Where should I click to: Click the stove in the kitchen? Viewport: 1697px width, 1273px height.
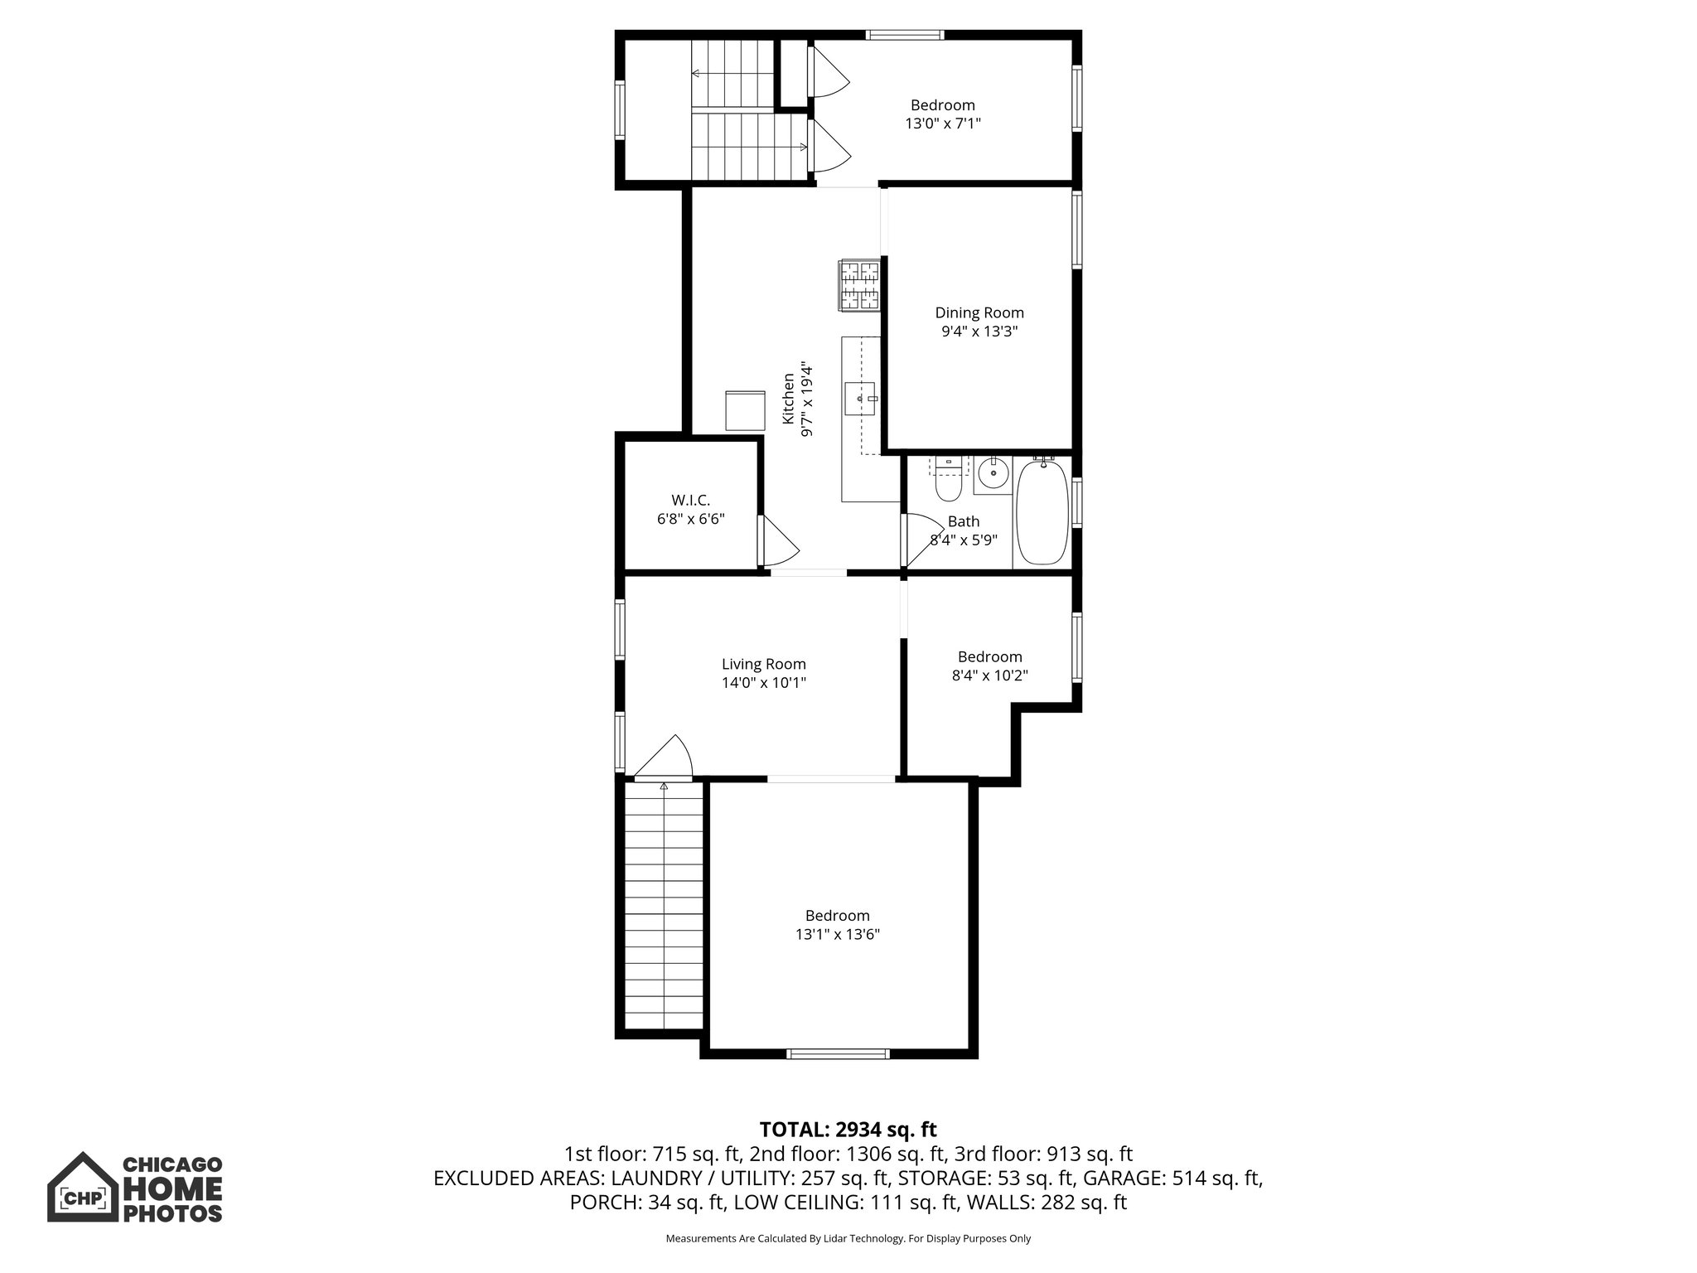click(858, 285)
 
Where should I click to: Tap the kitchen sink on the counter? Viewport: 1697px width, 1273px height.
click(859, 399)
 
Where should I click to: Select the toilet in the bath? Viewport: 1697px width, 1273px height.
click(947, 483)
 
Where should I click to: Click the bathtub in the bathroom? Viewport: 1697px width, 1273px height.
click(1042, 512)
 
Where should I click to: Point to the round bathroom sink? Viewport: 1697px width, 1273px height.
click(992, 475)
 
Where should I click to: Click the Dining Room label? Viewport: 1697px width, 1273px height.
click(979, 312)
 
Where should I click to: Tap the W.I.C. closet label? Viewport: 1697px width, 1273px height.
click(690, 501)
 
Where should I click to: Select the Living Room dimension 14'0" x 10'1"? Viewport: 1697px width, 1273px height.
click(763, 683)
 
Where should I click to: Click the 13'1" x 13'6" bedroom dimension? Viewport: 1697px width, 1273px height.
click(837, 934)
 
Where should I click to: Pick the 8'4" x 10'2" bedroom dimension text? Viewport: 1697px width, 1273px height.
click(989, 675)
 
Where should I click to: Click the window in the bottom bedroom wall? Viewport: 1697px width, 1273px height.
click(837, 1054)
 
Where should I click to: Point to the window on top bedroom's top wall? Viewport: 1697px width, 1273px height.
click(904, 35)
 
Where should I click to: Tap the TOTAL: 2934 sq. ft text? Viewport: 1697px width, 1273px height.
click(848, 1130)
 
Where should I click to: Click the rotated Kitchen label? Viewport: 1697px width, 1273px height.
click(789, 399)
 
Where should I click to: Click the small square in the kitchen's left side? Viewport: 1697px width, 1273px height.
click(745, 410)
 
